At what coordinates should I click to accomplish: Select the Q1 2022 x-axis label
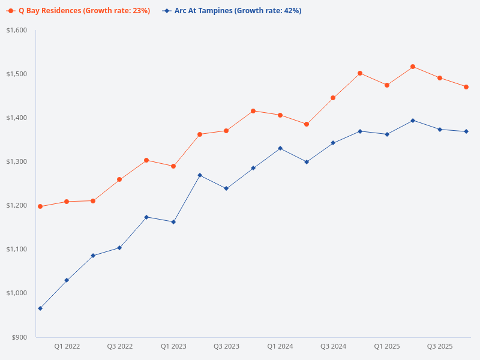click(x=67, y=346)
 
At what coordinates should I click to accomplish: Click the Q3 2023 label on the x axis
click(x=226, y=346)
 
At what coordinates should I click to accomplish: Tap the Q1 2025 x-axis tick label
click(x=387, y=346)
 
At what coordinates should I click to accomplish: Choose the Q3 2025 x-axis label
click(x=440, y=346)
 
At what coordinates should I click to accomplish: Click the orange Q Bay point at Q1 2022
click(x=67, y=202)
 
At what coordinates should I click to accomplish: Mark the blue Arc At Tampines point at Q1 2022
click(x=67, y=280)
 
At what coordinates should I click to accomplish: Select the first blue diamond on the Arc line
click(x=40, y=308)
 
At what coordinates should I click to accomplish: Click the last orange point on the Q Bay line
click(x=466, y=87)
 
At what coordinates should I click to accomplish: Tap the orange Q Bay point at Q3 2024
click(x=333, y=98)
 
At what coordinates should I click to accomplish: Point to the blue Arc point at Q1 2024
click(x=280, y=148)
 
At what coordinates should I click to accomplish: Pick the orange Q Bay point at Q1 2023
click(x=173, y=166)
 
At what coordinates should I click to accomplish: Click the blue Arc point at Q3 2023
click(x=226, y=188)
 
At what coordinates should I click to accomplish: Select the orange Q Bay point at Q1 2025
click(x=387, y=85)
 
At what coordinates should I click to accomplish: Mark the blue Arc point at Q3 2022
click(x=119, y=248)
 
